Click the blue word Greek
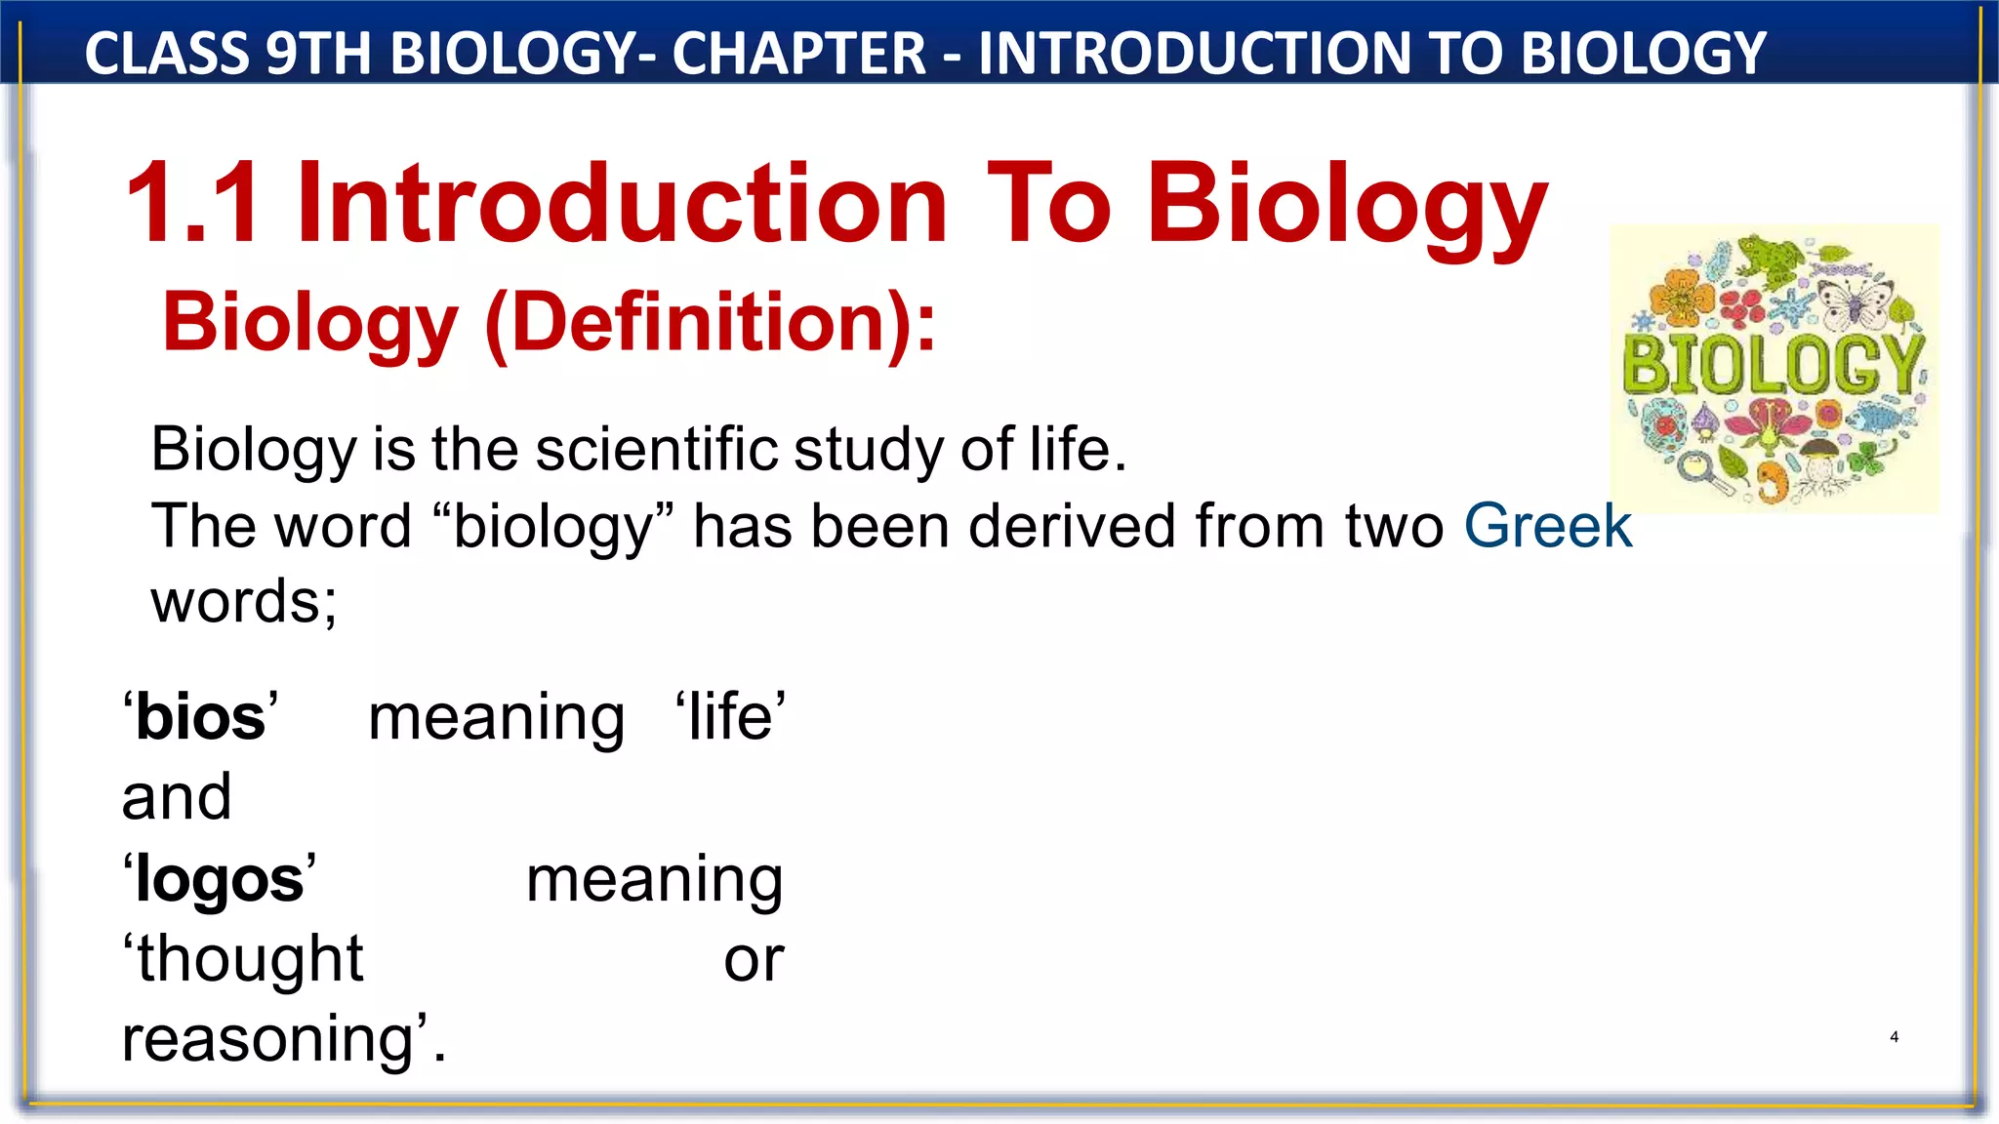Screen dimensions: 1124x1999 pyautogui.click(x=1547, y=527)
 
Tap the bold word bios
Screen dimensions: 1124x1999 pyautogui.click(x=200, y=718)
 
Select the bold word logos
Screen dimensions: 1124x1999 pyautogui.click(x=220, y=880)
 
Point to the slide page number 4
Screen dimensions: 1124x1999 pyautogui.click(x=1894, y=1037)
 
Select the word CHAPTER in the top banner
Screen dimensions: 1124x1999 pyautogui.click(x=798, y=53)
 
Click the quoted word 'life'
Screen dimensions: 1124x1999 pyautogui.click(x=730, y=718)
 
